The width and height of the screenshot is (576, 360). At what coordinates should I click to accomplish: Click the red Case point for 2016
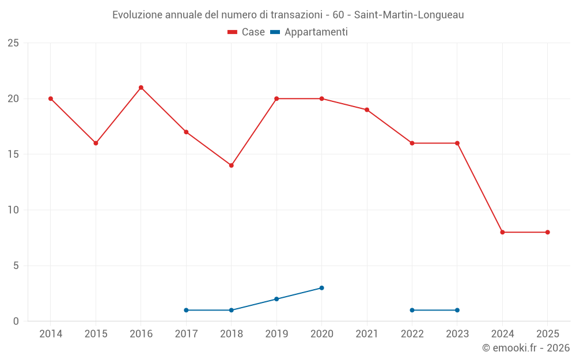pyautogui.click(x=141, y=88)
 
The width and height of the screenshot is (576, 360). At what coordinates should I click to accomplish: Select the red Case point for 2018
pyautogui.click(x=232, y=165)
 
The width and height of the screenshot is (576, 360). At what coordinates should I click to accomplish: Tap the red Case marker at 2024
pyautogui.click(x=502, y=232)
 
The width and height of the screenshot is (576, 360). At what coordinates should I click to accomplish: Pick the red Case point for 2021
pyautogui.click(x=367, y=109)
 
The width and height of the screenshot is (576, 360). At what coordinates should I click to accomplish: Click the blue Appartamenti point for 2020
pyautogui.click(x=321, y=288)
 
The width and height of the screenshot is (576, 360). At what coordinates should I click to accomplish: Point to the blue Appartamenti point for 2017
pyautogui.click(x=186, y=310)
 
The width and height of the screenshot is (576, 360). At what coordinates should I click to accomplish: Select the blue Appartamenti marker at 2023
pyautogui.click(x=457, y=310)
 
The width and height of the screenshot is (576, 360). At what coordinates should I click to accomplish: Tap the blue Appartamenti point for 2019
pyautogui.click(x=276, y=299)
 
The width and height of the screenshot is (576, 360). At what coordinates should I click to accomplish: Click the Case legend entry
pyautogui.click(x=246, y=32)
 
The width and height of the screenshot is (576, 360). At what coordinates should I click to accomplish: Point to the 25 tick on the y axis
pyautogui.click(x=13, y=43)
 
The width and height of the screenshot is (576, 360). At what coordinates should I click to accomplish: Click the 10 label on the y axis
pyautogui.click(x=13, y=210)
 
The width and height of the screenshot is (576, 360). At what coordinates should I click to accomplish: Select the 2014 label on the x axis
pyautogui.click(x=51, y=334)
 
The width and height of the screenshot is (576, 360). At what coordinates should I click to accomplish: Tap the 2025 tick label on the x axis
pyautogui.click(x=547, y=334)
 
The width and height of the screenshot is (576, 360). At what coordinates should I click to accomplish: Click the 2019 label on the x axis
pyautogui.click(x=276, y=334)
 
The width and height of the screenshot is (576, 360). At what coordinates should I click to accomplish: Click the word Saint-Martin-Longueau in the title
pyautogui.click(x=408, y=15)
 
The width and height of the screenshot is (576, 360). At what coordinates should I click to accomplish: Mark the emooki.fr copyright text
pyautogui.click(x=525, y=348)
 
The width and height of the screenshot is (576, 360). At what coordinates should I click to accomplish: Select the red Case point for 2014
pyautogui.click(x=51, y=98)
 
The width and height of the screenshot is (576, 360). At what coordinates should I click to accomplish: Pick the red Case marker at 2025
pyautogui.click(x=548, y=232)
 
